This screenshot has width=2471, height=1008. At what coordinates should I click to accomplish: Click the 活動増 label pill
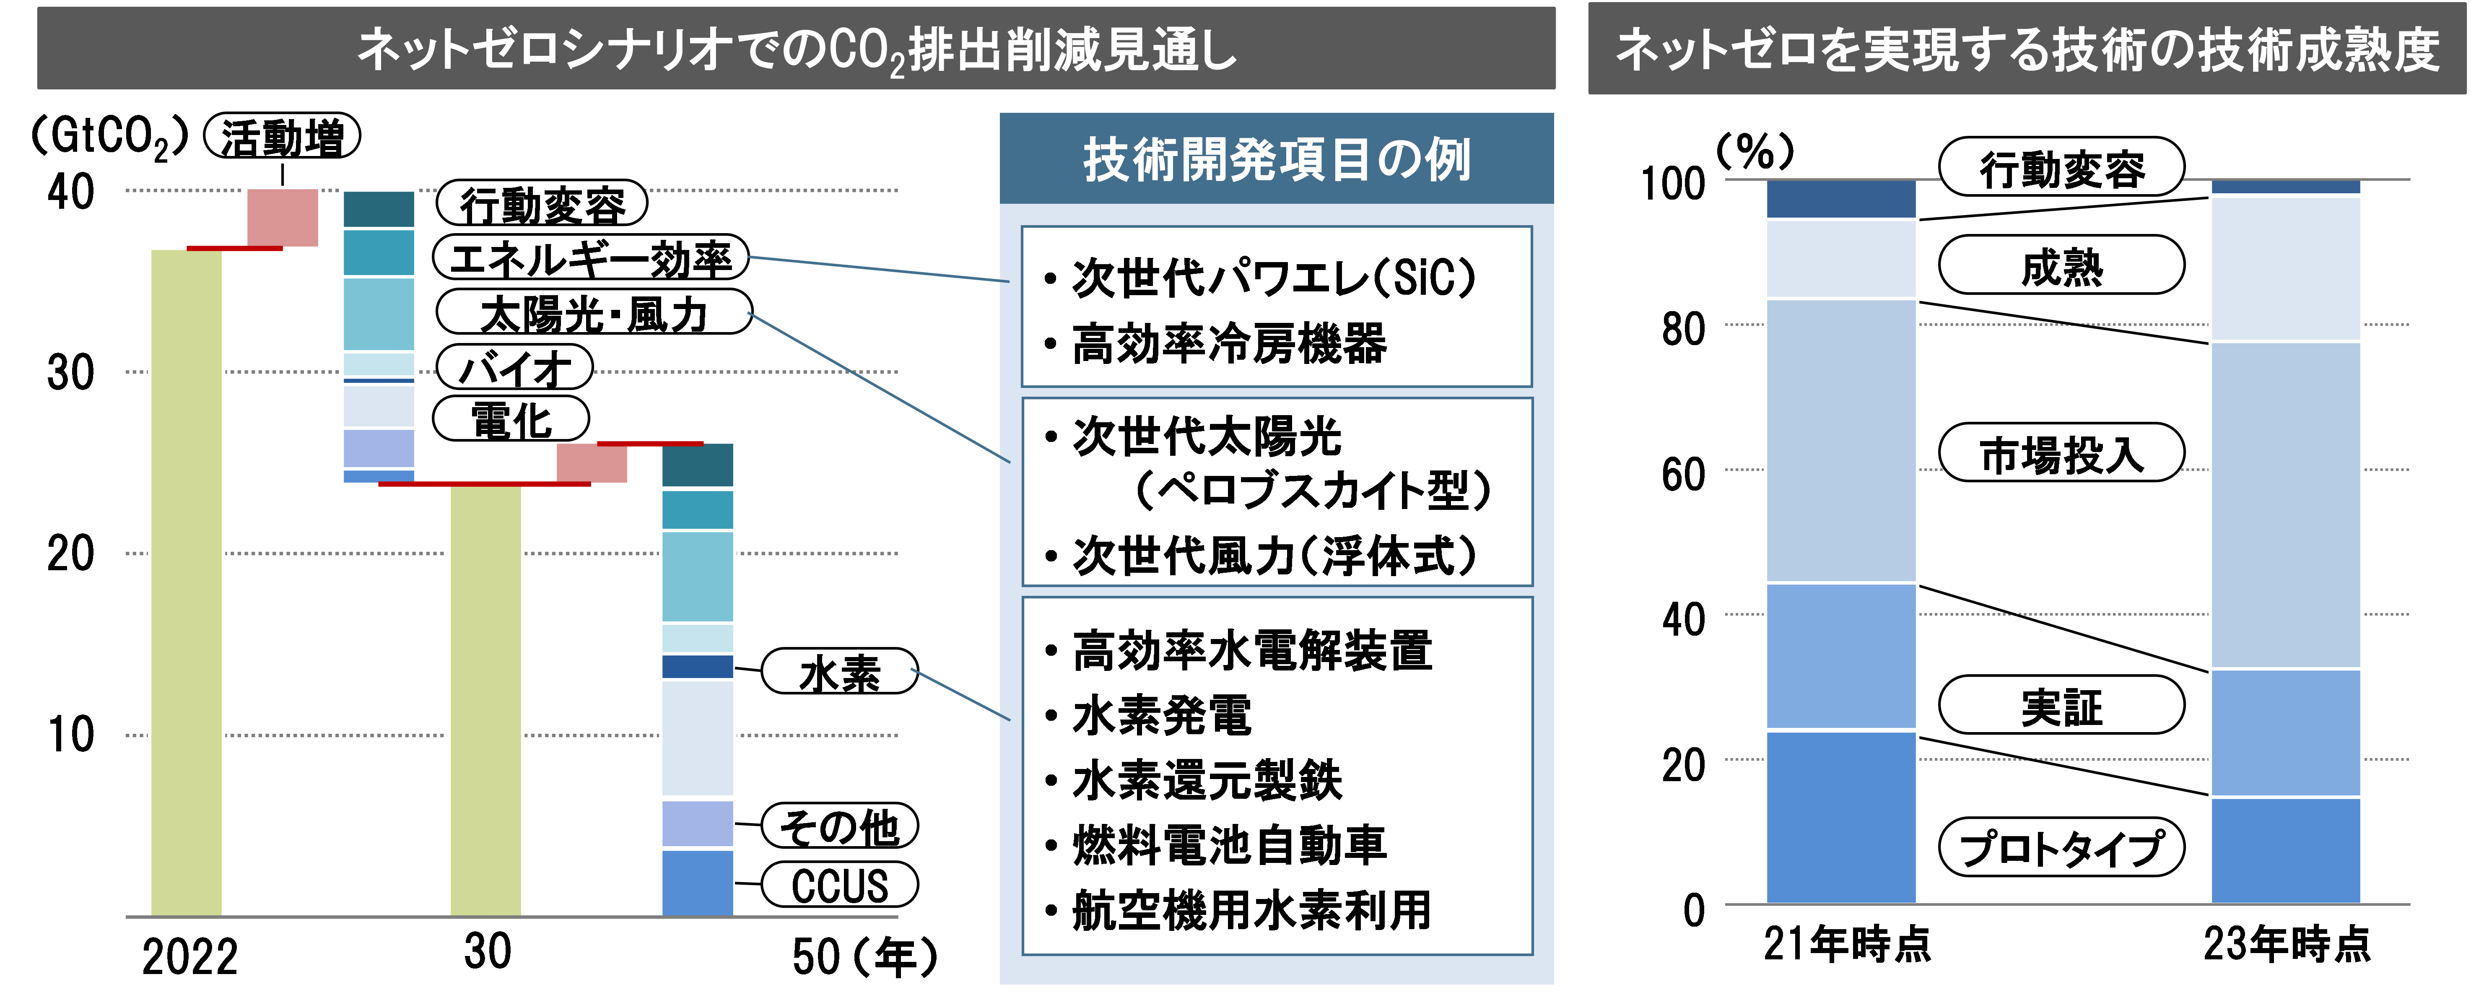(282, 137)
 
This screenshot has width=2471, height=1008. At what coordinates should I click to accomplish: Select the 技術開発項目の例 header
(1276, 159)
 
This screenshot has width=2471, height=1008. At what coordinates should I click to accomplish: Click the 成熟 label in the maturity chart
(2061, 266)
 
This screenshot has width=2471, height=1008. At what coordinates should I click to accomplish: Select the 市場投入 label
(2061, 453)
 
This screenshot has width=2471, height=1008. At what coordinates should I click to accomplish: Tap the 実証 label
(2061, 706)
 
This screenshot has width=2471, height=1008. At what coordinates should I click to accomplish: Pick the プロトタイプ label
(2061, 848)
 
